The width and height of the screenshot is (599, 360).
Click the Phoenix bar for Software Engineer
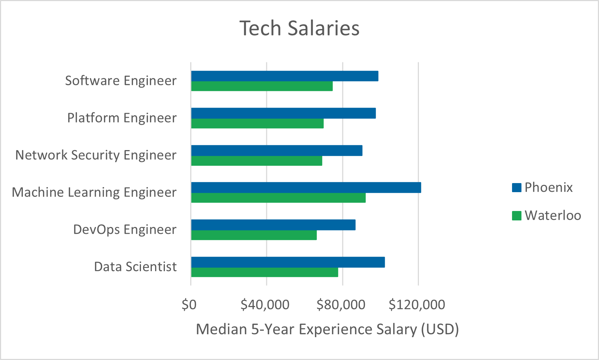click(285, 76)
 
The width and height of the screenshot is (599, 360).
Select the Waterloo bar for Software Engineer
click(262, 86)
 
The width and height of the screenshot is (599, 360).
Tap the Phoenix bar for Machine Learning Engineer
click(306, 187)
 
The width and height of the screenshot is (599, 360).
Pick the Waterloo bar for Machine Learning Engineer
click(278, 198)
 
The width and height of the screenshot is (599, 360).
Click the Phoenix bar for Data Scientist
click(288, 262)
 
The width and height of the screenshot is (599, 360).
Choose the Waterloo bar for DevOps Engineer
click(254, 235)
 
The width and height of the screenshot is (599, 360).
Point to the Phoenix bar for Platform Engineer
click(283, 113)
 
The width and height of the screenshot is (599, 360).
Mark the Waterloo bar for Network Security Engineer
click(257, 161)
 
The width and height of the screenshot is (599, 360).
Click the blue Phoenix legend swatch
click(516, 187)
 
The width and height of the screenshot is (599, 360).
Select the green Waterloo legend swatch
click(516, 216)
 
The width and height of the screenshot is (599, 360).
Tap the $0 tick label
click(189, 305)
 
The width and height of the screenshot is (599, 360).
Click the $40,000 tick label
click(265, 305)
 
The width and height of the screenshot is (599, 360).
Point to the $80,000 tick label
click(341, 305)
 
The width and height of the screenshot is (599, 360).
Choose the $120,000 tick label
click(417, 305)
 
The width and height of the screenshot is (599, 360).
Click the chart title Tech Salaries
click(299, 28)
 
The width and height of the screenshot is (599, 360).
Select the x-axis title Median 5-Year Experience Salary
click(327, 329)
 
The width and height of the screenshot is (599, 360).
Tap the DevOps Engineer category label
click(125, 229)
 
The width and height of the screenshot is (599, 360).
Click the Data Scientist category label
click(135, 267)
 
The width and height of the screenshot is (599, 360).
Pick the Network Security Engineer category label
click(96, 155)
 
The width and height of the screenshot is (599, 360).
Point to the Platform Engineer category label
click(122, 118)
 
